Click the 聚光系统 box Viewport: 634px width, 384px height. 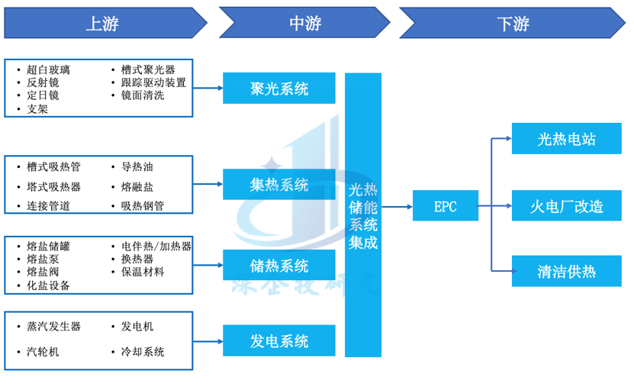279,89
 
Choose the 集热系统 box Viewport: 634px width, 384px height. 279,185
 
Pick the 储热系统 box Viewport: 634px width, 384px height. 279,266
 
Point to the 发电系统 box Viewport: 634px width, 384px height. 279,340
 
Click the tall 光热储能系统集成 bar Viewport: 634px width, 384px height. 363,215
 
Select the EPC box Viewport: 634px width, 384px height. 445,206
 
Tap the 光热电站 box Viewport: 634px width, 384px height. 566,139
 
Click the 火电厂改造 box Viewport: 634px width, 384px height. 566,206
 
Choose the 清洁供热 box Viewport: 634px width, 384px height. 566,271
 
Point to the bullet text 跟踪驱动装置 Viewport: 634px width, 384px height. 153,82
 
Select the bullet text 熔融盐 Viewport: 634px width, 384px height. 137,186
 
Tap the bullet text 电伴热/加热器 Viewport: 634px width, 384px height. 156,247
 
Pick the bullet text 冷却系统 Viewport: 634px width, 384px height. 143,352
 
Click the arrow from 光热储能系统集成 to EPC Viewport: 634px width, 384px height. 397,206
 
